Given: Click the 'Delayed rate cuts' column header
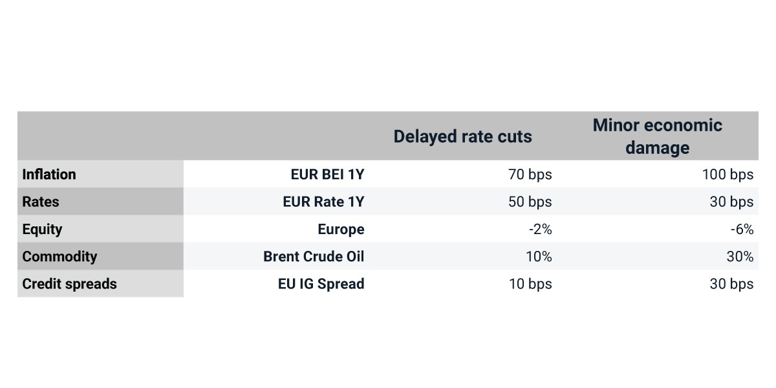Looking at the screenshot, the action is (x=462, y=136).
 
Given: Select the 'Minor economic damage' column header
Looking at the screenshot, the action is (x=658, y=136).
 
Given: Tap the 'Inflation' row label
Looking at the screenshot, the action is (x=49, y=174).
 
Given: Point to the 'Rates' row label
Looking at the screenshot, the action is (x=41, y=202).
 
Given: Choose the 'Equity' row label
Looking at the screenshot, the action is (x=42, y=230).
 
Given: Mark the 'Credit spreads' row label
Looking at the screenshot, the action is (x=70, y=285).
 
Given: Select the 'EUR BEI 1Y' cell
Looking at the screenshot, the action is (x=327, y=174).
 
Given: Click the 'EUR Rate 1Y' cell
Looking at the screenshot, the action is (x=323, y=202).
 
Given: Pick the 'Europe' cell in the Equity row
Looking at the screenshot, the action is (x=341, y=230).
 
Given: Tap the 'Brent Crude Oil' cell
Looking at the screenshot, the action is (x=314, y=257).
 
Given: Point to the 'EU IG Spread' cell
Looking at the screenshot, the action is (x=321, y=285).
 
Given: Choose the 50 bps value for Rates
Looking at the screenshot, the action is (x=530, y=202).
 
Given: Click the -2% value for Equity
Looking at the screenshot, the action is (x=541, y=230).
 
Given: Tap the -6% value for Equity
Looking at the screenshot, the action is (x=742, y=230).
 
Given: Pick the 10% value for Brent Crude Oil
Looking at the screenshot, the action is (x=539, y=257).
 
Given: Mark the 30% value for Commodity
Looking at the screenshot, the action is (x=740, y=257).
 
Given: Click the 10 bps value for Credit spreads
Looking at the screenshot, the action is (x=530, y=285).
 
